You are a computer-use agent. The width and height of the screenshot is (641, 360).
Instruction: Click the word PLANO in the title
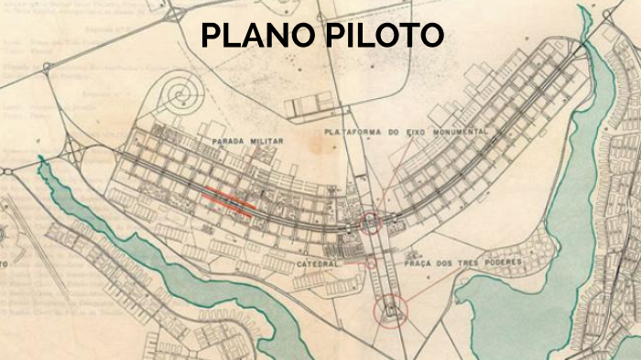[255, 35]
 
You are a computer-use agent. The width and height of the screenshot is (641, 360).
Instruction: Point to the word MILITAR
[266, 142]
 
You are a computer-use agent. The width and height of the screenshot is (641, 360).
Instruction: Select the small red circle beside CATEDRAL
[371, 263]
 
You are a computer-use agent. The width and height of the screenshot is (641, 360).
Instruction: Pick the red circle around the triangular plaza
[391, 310]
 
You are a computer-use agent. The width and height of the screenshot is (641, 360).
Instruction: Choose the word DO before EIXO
[399, 133]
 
